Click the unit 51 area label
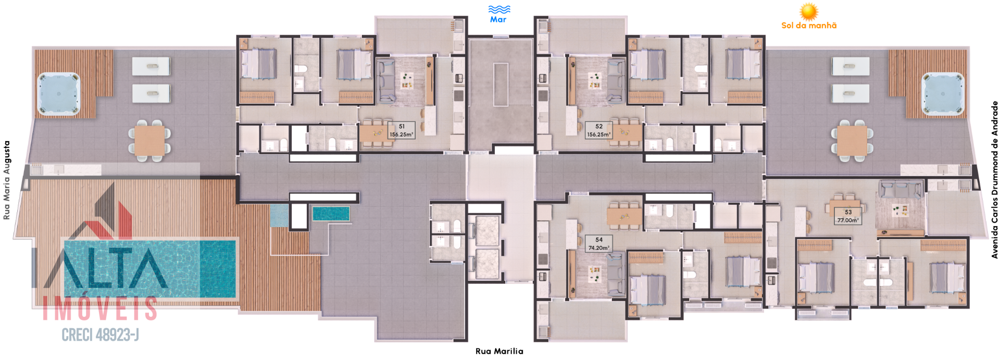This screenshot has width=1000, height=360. coord(402,130)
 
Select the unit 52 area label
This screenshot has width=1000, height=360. coord(599,130)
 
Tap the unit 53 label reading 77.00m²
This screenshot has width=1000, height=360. coord(848,216)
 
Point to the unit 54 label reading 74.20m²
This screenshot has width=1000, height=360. coord(598,244)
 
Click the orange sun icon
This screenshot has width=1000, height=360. coord(809,11)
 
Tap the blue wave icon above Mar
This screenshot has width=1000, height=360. coord(499,9)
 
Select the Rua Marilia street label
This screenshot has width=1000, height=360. coord(499,351)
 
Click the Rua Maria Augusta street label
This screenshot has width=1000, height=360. coord(7,180)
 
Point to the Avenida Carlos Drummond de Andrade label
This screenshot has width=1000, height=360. coord(994,180)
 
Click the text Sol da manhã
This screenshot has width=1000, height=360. coord(809,26)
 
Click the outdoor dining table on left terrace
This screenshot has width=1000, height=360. coord(150,141)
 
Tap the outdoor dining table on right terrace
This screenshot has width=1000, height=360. coord(852,141)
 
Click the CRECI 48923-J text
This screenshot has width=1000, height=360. coord(101,335)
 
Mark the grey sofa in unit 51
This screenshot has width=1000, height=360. coord(386,81)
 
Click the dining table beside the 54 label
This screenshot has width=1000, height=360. coord(624,216)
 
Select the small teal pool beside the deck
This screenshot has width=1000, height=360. coord(331,214)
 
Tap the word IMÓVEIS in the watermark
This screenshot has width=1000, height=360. coord(100,308)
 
